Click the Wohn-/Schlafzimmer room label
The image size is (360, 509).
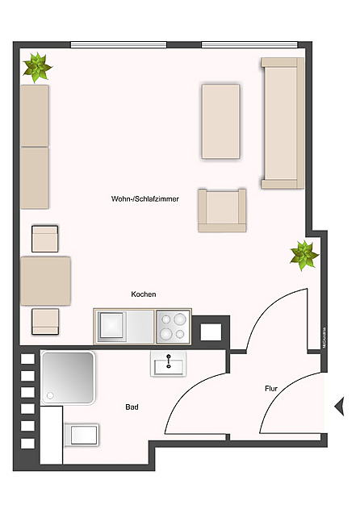145,198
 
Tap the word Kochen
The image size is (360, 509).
144,294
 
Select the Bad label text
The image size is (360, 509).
132,407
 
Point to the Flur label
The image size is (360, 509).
271,389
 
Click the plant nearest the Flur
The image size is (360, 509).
304,255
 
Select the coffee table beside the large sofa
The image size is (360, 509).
220,121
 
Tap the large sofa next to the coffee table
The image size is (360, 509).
281,121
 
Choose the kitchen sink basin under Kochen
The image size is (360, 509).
112,327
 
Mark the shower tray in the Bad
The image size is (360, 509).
68,376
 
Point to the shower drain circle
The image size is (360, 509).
50,395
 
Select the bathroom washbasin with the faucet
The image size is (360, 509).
168,365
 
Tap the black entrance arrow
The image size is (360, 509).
340,405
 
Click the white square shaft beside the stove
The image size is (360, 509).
211,332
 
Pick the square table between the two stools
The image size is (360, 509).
45,280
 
